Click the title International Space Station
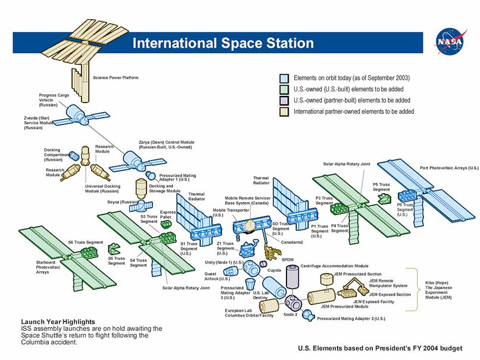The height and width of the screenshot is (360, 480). click(x=223, y=43)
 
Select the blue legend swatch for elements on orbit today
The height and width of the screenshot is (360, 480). click(x=284, y=78)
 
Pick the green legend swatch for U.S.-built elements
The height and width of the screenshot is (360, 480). click(x=284, y=89)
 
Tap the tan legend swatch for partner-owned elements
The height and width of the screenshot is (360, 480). click(x=284, y=111)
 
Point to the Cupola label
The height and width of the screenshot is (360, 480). click(x=275, y=270)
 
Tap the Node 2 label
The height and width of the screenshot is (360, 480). click(x=290, y=314)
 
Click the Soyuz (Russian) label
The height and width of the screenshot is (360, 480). click(x=121, y=202)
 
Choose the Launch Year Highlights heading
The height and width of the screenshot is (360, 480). click(x=58, y=322)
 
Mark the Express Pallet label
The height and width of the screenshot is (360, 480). click(x=168, y=215)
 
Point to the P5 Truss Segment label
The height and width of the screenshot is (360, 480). click(x=381, y=187)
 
